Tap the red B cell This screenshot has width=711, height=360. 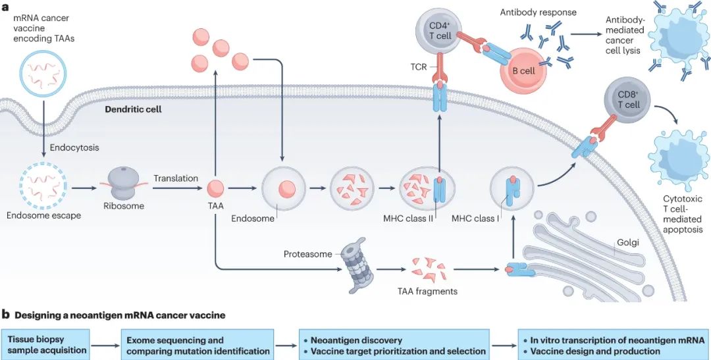tap(523, 70)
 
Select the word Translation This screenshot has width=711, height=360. tap(176, 178)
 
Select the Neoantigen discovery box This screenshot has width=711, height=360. tap(394, 346)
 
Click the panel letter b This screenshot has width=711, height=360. tap(5, 315)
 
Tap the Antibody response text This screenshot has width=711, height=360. tap(538, 13)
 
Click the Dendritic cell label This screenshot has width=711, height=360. tap(133, 109)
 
